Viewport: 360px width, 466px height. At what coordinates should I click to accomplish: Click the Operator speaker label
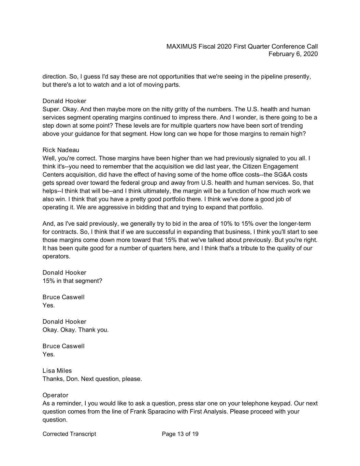click(x=55, y=395)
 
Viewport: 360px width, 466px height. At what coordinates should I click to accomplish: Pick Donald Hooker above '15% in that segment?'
click(x=64, y=272)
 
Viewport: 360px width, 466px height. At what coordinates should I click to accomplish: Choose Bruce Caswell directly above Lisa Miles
click(x=63, y=346)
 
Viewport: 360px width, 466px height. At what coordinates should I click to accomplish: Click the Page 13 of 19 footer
click(x=180, y=434)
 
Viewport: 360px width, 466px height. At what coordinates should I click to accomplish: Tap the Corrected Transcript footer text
click(x=69, y=434)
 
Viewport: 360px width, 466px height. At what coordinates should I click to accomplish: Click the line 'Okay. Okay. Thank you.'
click(x=75, y=330)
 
